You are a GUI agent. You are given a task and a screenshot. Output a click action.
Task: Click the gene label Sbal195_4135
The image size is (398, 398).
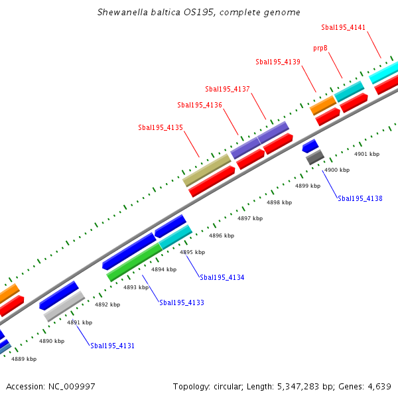161,127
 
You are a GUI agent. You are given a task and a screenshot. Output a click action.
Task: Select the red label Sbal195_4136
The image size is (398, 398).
200,105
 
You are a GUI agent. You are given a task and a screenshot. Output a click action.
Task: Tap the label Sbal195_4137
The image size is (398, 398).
228,89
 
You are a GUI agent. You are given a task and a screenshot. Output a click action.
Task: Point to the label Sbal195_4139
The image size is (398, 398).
278,62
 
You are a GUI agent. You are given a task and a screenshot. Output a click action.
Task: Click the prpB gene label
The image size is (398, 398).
320,48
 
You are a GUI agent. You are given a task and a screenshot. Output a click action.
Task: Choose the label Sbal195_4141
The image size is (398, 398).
343,27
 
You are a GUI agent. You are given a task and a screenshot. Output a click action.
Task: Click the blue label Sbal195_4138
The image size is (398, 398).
360,198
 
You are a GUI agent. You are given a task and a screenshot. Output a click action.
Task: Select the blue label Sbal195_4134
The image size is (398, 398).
222,277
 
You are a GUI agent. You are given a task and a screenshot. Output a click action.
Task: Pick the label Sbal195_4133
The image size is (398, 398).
182,302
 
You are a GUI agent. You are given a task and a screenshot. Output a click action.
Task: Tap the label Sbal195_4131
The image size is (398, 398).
113,346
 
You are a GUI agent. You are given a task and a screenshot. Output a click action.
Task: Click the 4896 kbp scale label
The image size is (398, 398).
222,235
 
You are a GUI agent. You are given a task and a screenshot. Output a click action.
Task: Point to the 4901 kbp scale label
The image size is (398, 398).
367,154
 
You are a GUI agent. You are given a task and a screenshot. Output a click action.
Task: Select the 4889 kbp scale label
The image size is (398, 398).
24,359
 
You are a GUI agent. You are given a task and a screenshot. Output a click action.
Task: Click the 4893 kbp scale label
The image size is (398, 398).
136,287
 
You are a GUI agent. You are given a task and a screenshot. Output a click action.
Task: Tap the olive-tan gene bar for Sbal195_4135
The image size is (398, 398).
206,170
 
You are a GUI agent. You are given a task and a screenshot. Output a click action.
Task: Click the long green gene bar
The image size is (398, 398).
134,261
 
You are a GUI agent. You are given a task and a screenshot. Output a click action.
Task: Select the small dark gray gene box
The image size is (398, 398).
314,157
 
